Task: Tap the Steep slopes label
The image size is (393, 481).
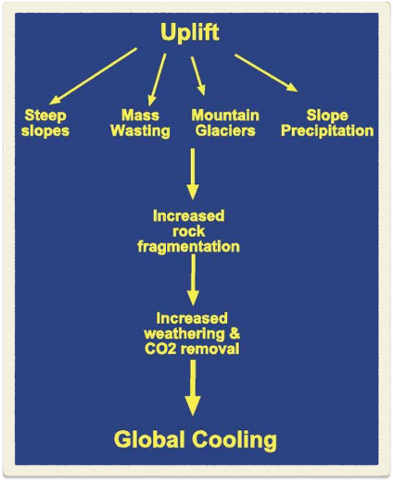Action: click(46, 123)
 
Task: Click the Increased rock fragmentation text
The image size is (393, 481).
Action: click(194, 231)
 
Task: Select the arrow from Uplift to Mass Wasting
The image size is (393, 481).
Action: click(158, 77)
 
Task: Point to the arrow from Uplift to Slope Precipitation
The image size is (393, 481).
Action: click(266, 73)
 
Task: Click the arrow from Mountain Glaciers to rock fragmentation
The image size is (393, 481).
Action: click(193, 173)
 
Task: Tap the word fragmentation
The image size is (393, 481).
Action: click(194, 248)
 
